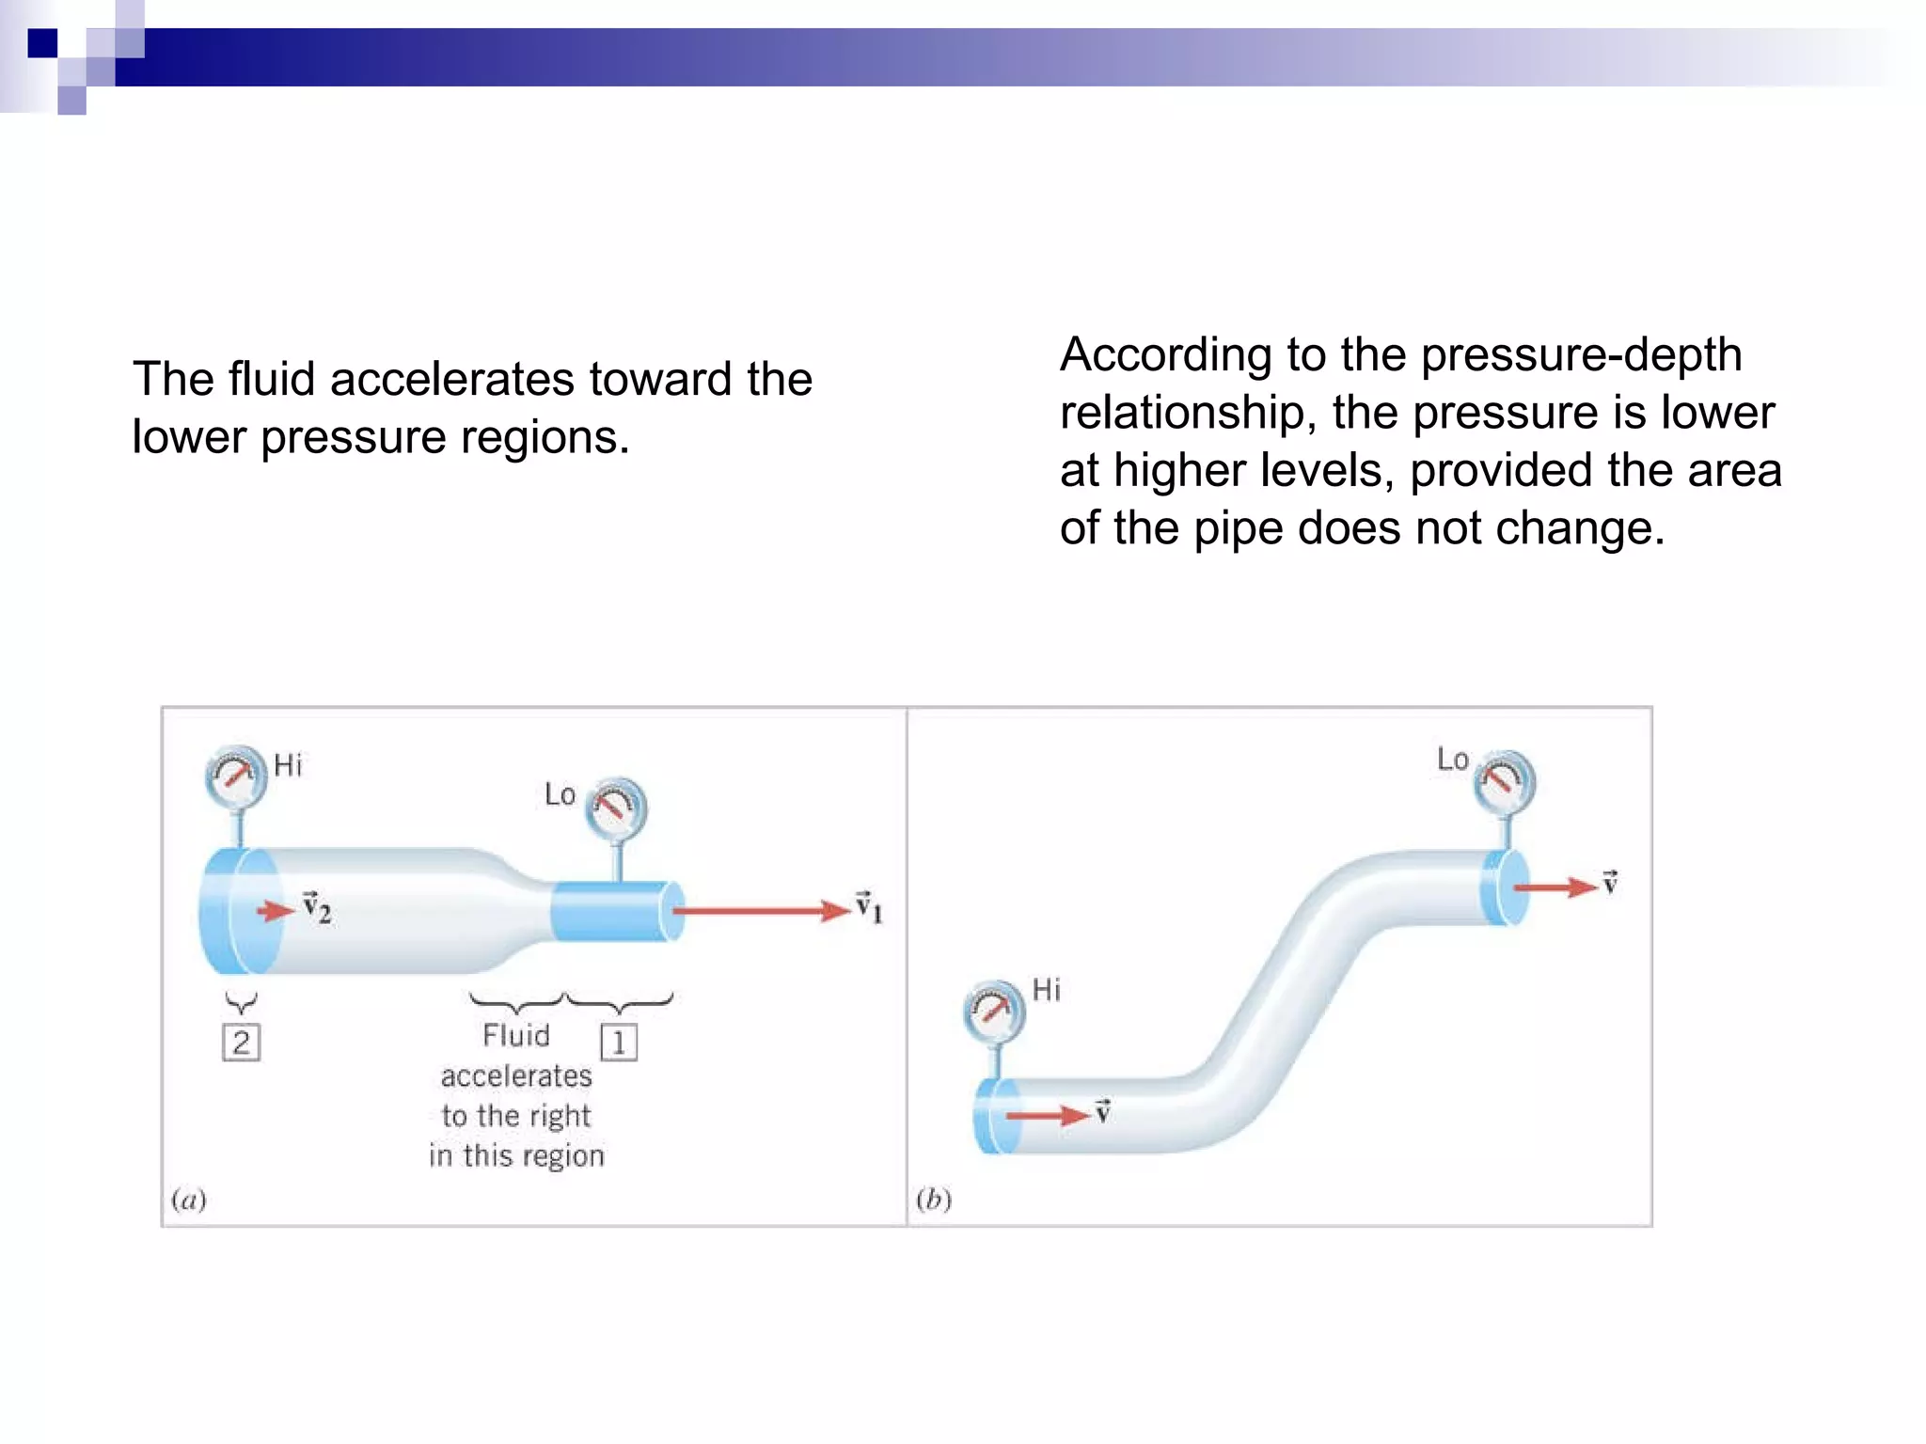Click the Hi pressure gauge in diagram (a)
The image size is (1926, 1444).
[235, 777]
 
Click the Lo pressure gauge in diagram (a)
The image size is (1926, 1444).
[616, 808]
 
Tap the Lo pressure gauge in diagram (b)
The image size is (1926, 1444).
[1505, 781]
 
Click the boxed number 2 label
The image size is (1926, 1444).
[242, 1043]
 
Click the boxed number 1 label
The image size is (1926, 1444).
[619, 1043]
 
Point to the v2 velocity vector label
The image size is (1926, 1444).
[317, 908]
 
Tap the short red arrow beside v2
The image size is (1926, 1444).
[276, 910]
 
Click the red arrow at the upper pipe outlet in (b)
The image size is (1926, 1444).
[1555, 887]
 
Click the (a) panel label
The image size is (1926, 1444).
[189, 1199]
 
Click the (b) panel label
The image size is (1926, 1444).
[934, 1199]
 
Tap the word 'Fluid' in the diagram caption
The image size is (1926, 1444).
[515, 1035]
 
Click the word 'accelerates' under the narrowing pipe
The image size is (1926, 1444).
[516, 1075]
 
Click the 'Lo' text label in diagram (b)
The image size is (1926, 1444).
[1452, 759]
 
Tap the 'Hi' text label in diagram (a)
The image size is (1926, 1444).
[288, 765]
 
